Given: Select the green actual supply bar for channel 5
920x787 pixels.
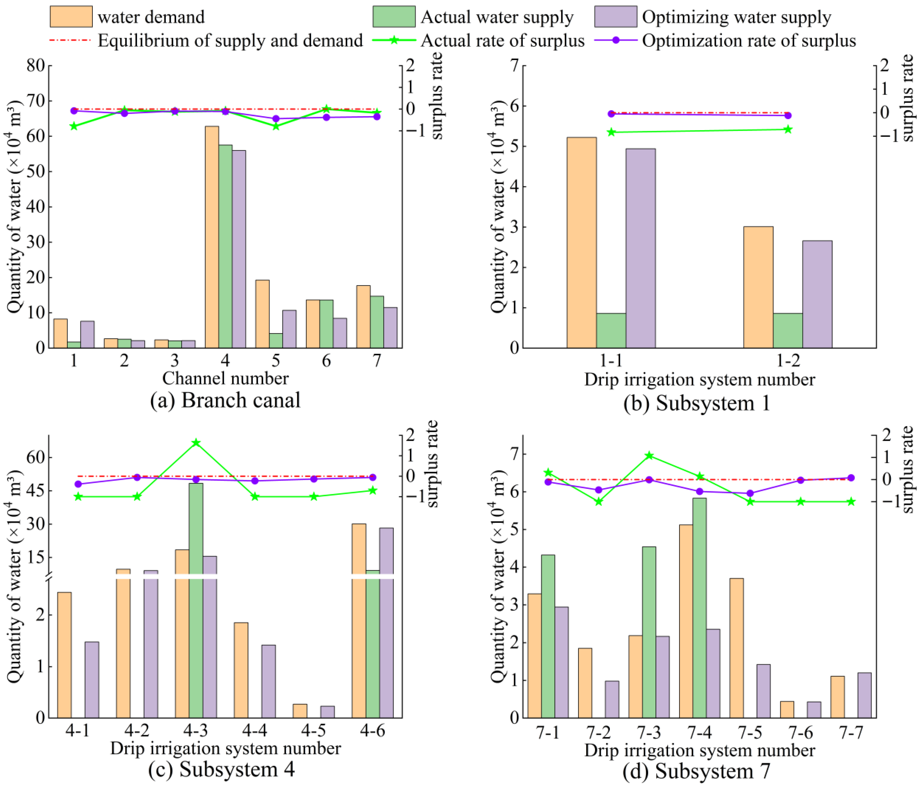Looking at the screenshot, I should tap(276, 341).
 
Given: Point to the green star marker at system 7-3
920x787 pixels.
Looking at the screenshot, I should tap(649, 455).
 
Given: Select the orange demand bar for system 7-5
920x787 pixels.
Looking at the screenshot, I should tap(737, 648).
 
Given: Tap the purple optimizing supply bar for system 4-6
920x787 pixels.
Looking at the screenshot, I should tap(386, 622).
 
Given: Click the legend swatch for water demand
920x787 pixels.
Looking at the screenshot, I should tap(71, 17).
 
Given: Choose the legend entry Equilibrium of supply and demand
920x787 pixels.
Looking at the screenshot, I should tap(230, 40).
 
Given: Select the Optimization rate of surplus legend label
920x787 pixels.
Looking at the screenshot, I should tap(749, 40).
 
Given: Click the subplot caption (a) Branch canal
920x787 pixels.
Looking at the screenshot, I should tap(225, 400).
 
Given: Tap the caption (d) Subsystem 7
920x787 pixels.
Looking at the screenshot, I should tap(696, 771).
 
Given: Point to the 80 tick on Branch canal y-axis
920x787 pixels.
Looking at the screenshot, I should tap(35, 66).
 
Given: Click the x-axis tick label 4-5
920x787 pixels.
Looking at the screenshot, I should tap(314, 730).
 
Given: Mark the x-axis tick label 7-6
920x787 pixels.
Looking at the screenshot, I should tap(800, 732).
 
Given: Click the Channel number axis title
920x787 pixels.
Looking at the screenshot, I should tap(225, 378).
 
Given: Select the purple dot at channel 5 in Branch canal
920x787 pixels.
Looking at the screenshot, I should tap(276, 119).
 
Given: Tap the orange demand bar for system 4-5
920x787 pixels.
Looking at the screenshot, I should tap(300, 711).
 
